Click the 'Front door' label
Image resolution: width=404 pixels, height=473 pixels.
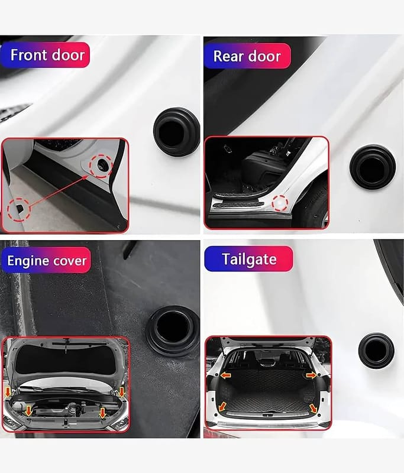pyautogui.click(x=47, y=55)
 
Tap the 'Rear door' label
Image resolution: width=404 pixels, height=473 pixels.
pyautogui.click(x=247, y=56)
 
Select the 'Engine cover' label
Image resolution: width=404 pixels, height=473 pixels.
pyautogui.click(x=47, y=261)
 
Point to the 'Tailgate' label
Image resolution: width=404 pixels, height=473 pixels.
pyautogui.click(x=249, y=259)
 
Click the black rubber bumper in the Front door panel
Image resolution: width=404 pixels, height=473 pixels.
pyautogui.click(x=176, y=131)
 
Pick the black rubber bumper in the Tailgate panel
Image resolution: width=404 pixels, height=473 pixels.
pyautogui.click(x=376, y=351)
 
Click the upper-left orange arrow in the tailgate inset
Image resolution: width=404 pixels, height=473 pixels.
pyautogui.click(x=225, y=375)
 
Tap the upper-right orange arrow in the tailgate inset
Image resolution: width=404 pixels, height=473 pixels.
pyautogui.click(x=311, y=375)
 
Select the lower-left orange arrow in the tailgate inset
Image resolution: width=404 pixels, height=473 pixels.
pyautogui.click(x=222, y=407)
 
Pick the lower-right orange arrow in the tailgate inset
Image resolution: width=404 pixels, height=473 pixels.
pyautogui.click(x=313, y=409)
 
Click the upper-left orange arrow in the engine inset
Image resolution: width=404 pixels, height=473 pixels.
pyautogui.click(x=8, y=393)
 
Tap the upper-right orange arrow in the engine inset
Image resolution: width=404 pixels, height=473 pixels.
pyautogui.click(x=122, y=393)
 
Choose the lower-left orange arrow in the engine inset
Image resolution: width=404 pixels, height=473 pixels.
pyautogui.click(x=28, y=411)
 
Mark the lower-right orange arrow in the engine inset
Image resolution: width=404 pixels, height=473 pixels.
pyautogui.click(x=102, y=413)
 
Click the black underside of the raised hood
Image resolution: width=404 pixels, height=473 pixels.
pyautogui.click(x=66, y=360)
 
